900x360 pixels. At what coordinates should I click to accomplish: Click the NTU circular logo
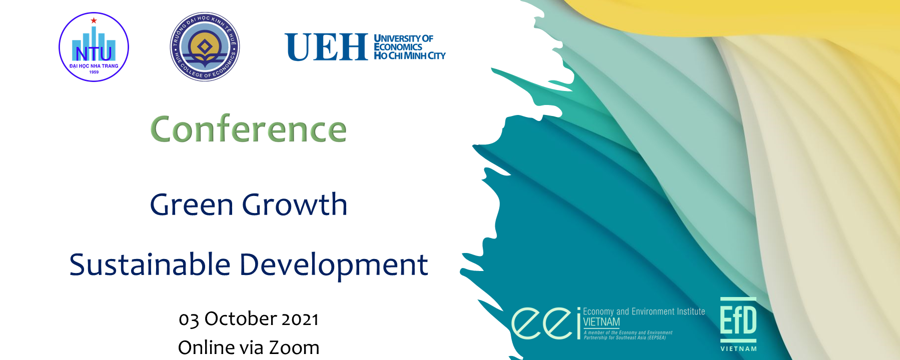click(x=94, y=47)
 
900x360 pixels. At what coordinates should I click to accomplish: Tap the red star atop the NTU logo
click(x=94, y=20)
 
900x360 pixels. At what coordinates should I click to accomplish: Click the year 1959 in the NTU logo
click(x=94, y=72)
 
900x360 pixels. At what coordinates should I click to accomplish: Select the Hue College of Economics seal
click(x=205, y=46)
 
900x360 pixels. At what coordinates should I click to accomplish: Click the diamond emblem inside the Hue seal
click(x=205, y=47)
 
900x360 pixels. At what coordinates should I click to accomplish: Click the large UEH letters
click(x=326, y=47)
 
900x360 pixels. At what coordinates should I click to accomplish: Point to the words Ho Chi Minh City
click(x=410, y=56)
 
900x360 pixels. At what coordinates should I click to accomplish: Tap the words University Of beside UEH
click(x=404, y=38)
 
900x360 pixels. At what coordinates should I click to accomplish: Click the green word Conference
click(x=249, y=129)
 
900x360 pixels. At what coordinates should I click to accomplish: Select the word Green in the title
click(x=192, y=205)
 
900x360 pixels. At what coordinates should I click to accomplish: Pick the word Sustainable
click(x=150, y=264)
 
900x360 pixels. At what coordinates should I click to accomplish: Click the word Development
click(x=334, y=264)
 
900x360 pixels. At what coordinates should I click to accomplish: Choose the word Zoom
click(x=294, y=347)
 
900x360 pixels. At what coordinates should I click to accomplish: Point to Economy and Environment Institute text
click(x=644, y=311)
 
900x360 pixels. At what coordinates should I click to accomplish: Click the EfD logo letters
click(x=738, y=320)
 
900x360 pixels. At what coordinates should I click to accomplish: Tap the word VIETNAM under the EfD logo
click(x=738, y=349)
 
